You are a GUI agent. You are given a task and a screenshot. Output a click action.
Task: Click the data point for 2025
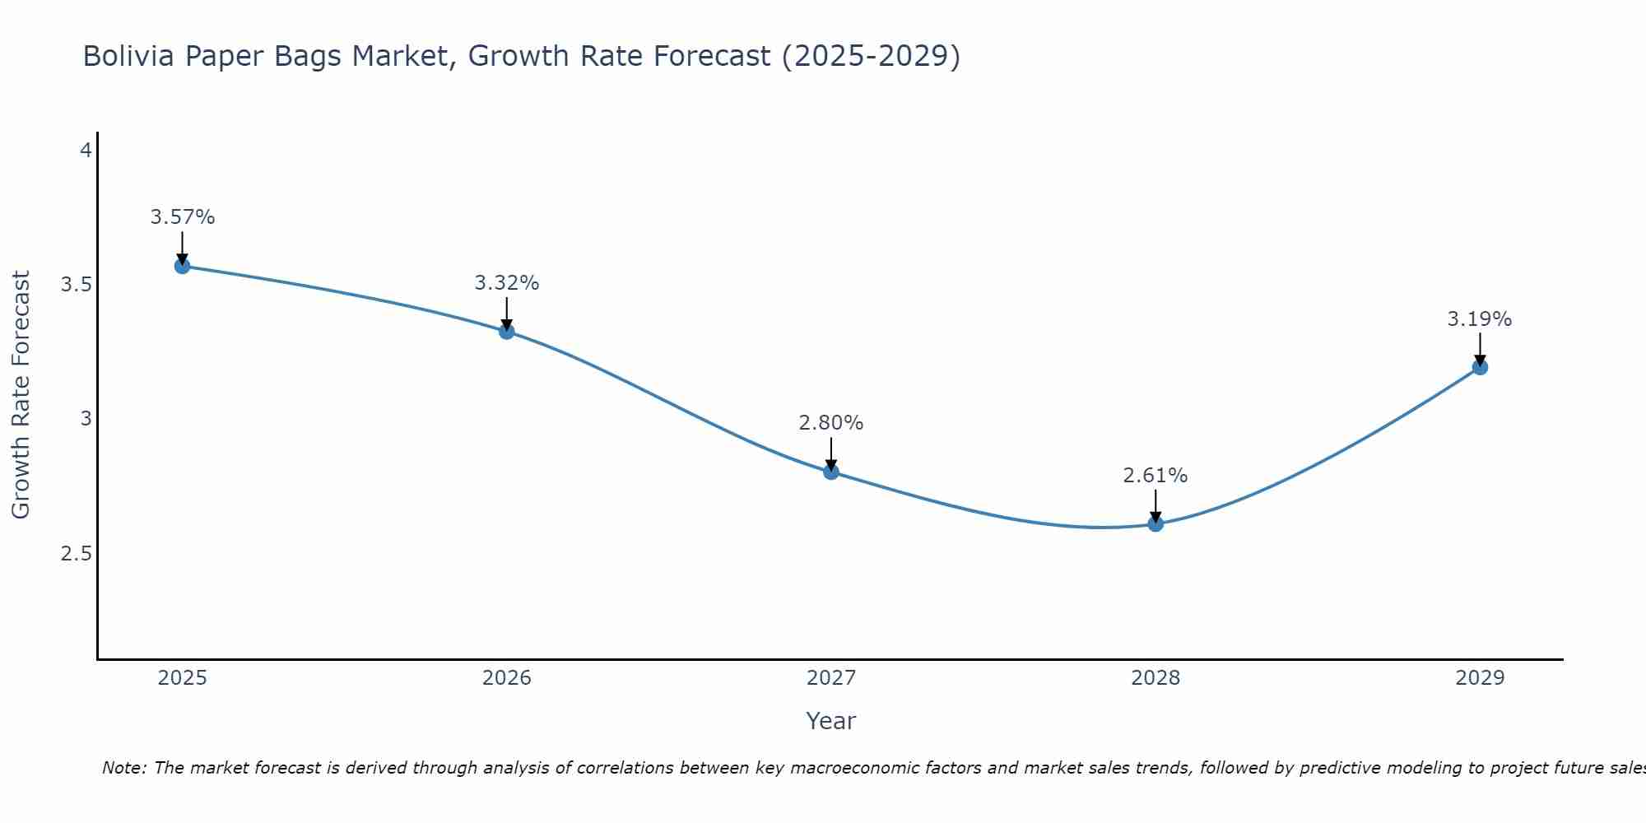182,266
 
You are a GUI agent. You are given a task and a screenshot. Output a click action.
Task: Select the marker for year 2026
507,332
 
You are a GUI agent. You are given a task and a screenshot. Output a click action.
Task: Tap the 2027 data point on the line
831,472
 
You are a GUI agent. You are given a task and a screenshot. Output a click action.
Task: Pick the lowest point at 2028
1155,523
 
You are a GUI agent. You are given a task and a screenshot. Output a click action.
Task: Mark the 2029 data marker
1480,367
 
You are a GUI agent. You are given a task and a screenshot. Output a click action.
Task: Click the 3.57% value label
182,217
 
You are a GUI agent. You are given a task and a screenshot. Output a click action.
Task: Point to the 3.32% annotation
507,283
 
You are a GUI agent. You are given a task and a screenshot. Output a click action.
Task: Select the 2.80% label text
831,423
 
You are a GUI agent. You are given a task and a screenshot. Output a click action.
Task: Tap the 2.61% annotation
1155,476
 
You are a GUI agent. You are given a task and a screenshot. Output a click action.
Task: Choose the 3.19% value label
1480,319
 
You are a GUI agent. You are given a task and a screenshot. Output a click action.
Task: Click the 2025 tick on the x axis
182,678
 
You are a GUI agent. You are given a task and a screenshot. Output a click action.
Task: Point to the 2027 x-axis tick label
831,678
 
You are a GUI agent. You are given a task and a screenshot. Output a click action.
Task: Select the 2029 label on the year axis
1480,678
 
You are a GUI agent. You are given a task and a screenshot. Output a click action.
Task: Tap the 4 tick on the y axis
86,151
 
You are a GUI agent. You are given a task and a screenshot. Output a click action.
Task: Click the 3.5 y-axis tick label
76,285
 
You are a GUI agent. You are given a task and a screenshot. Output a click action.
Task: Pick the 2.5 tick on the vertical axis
76,554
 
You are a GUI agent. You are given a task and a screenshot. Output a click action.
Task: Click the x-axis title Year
831,721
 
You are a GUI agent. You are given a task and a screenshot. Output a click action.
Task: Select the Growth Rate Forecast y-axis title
21,395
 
